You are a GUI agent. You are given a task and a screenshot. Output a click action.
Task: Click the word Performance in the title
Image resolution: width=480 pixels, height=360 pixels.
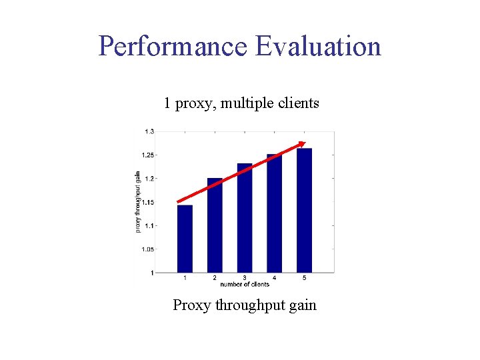click(x=172, y=47)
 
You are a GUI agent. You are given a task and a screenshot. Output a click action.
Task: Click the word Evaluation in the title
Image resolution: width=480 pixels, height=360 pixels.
click(x=317, y=47)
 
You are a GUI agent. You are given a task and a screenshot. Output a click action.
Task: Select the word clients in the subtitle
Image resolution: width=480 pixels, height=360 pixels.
click(x=296, y=103)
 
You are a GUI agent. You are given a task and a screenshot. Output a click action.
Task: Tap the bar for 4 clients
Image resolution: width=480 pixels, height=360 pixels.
click(x=274, y=213)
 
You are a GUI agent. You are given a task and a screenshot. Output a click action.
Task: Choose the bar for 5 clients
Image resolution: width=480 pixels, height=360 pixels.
click(x=304, y=210)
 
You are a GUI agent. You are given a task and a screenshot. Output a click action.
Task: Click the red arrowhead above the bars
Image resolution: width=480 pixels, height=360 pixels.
click(x=302, y=144)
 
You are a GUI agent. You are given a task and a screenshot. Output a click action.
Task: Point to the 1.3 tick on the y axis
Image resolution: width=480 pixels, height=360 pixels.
click(x=149, y=131)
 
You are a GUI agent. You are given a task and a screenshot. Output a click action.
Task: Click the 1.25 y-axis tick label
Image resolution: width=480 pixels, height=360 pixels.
click(x=147, y=155)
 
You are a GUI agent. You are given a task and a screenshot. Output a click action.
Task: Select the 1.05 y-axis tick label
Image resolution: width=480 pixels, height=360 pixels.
click(x=147, y=249)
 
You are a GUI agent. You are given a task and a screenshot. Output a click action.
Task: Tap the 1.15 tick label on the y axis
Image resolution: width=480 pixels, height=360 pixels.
click(x=147, y=202)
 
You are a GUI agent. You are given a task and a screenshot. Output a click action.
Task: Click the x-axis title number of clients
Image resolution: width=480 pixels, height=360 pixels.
click(x=245, y=285)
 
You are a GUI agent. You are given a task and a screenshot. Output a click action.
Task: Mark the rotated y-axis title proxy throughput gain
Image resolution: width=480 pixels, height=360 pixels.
click(x=138, y=201)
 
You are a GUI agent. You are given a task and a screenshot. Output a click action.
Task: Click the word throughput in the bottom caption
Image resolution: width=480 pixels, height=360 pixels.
click(x=253, y=306)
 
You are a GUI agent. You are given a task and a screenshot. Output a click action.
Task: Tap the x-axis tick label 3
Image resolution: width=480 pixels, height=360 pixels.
click(x=245, y=277)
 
